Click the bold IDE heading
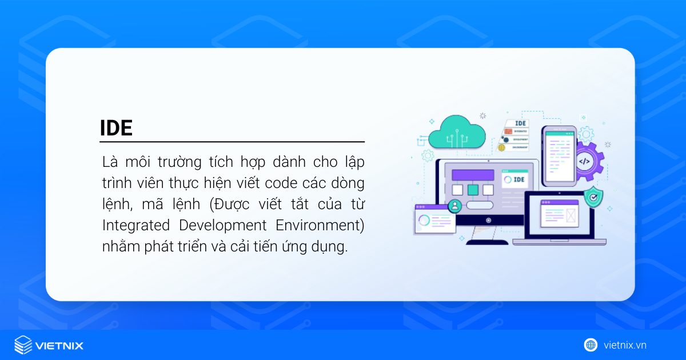[x=116, y=128]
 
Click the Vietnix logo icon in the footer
[x=23, y=345]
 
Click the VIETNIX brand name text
[x=59, y=346]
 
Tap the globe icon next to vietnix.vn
[x=591, y=345]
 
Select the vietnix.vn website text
[x=625, y=345]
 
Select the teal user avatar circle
[x=455, y=206]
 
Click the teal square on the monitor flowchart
[x=473, y=190]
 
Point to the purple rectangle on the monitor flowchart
[x=473, y=175]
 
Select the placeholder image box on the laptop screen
[x=571, y=215]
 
